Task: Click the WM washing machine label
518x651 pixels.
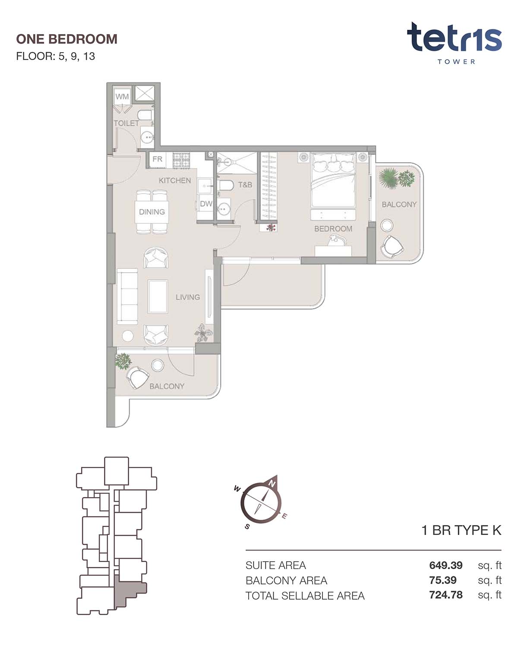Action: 122,97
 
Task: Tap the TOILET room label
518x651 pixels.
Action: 126,123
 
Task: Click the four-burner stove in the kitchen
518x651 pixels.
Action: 181,160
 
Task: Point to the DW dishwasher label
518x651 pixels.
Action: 206,204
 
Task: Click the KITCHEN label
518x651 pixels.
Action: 175,181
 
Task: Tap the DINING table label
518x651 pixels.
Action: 152,212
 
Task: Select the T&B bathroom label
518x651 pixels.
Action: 245,185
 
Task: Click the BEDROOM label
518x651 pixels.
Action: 333,229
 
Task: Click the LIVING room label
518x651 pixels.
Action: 188,297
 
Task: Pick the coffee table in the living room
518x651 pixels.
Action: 158,296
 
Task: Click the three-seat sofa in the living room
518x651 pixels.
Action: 127,296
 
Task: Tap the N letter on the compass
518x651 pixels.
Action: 272,484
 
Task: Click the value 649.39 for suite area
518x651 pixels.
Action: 445,565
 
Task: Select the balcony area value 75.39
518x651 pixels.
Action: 442,580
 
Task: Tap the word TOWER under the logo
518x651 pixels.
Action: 456,62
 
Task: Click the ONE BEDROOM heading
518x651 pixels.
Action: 66,39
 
